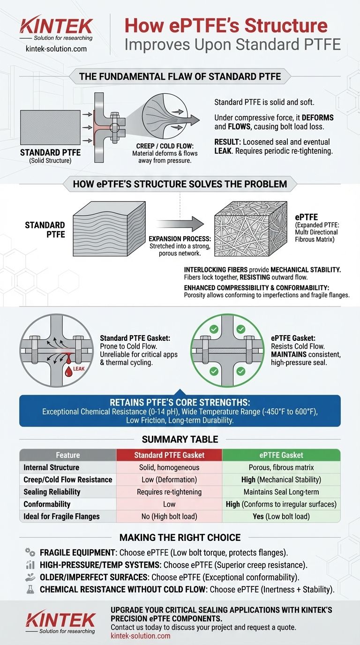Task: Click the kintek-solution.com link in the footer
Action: point(140,636)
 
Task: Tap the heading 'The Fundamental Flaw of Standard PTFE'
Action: point(180,76)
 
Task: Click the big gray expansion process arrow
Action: point(180,221)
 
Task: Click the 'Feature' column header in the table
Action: point(67,455)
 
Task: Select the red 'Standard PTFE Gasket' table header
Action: point(169,455)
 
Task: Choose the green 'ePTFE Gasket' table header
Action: point(281,455)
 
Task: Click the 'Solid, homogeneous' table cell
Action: point(169,467)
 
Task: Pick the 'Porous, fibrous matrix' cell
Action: point(281,467)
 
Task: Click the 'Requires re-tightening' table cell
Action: point(169,492)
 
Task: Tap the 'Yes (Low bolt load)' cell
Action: point(281,516)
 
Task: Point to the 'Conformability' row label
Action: point(47,504)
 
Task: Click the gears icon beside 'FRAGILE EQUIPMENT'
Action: point(30,552)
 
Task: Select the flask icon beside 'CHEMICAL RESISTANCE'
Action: point(30,589)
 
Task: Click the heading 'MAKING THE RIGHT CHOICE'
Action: point(180,537)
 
